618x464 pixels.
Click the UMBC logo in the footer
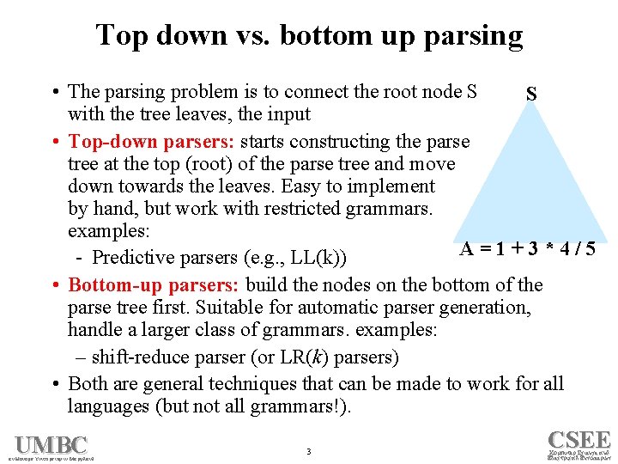pos(51,445)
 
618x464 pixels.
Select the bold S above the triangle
pos(532,93)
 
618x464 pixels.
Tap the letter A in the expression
pos(468,249)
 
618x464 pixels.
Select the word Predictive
pos(133,257)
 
